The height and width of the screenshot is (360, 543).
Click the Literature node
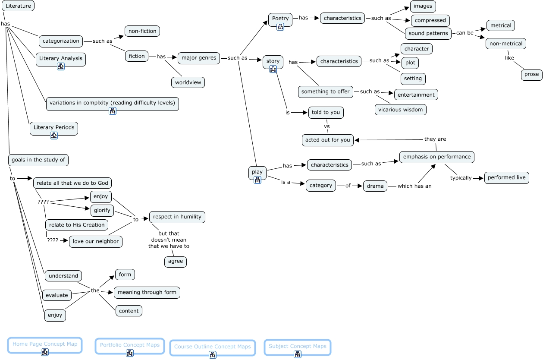[18, 6]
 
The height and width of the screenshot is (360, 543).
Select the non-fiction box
[142, 31]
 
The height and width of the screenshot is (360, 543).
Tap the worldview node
[188, 82]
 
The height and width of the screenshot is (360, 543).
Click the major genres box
[199, 58]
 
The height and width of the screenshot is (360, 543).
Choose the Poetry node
[280, 19]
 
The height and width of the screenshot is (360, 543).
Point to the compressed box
[430, 20]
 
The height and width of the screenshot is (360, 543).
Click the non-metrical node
[506, 44]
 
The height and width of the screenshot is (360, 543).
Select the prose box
[531, 74]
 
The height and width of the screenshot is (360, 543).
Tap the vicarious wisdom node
[401, 110]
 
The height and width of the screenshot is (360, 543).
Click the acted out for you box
[328, 140]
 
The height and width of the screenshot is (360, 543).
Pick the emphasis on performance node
[437, 157]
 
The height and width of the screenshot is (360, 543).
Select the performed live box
[507, 177]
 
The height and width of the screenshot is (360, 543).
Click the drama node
[375, 186]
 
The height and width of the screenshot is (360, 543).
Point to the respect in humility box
[177, 217]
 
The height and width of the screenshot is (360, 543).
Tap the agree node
[176, 261]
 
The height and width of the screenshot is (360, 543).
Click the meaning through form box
[147, 292]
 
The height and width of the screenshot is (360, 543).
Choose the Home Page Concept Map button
[45, 344]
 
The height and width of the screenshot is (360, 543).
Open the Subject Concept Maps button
[298, 346]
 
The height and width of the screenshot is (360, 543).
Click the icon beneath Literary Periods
[54, 136]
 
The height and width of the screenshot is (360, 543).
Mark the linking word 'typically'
[461, 178]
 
